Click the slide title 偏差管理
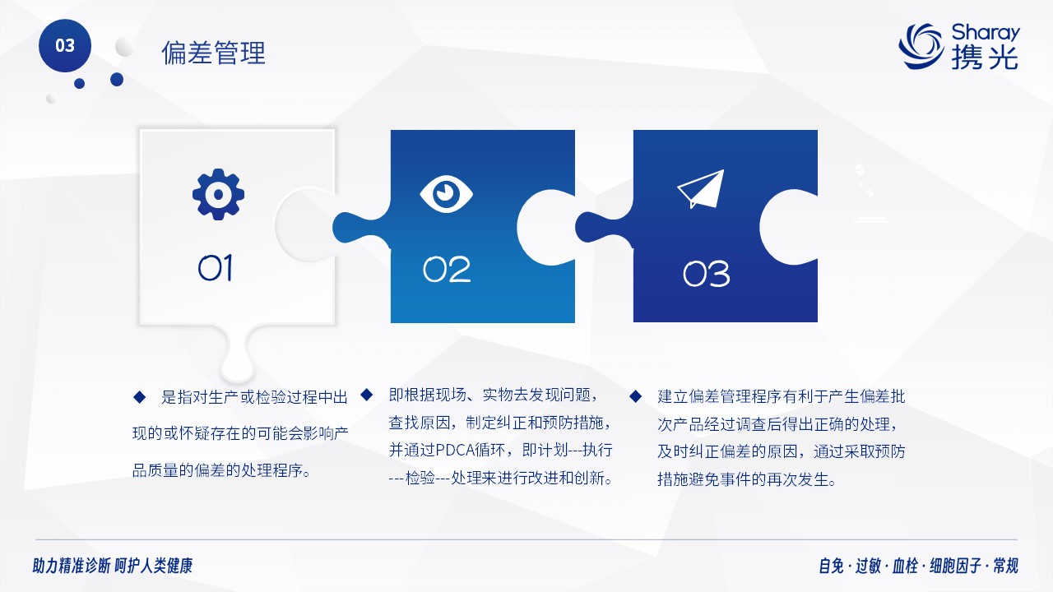tap(213, 52)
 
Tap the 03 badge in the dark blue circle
tap(65, 45)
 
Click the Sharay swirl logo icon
tap(921, 46)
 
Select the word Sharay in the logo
tap(986, 33)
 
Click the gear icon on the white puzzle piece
tap(218, 194)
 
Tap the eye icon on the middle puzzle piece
tap(446, 193)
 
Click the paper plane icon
tap(701, 189)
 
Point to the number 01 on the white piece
tap(216, 268)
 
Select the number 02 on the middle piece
tap(447, 269)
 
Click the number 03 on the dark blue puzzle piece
tap(706, 274)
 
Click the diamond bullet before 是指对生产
tap(139, 397)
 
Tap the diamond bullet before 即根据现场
tap(367, 395)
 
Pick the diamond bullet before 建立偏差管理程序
tap(636, 396)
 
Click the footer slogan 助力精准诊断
tap(72, 565)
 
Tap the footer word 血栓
tap(905, 565)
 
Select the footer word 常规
tap(1005, 565)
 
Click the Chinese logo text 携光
tap(986, 58)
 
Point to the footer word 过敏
tap(868, 565)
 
